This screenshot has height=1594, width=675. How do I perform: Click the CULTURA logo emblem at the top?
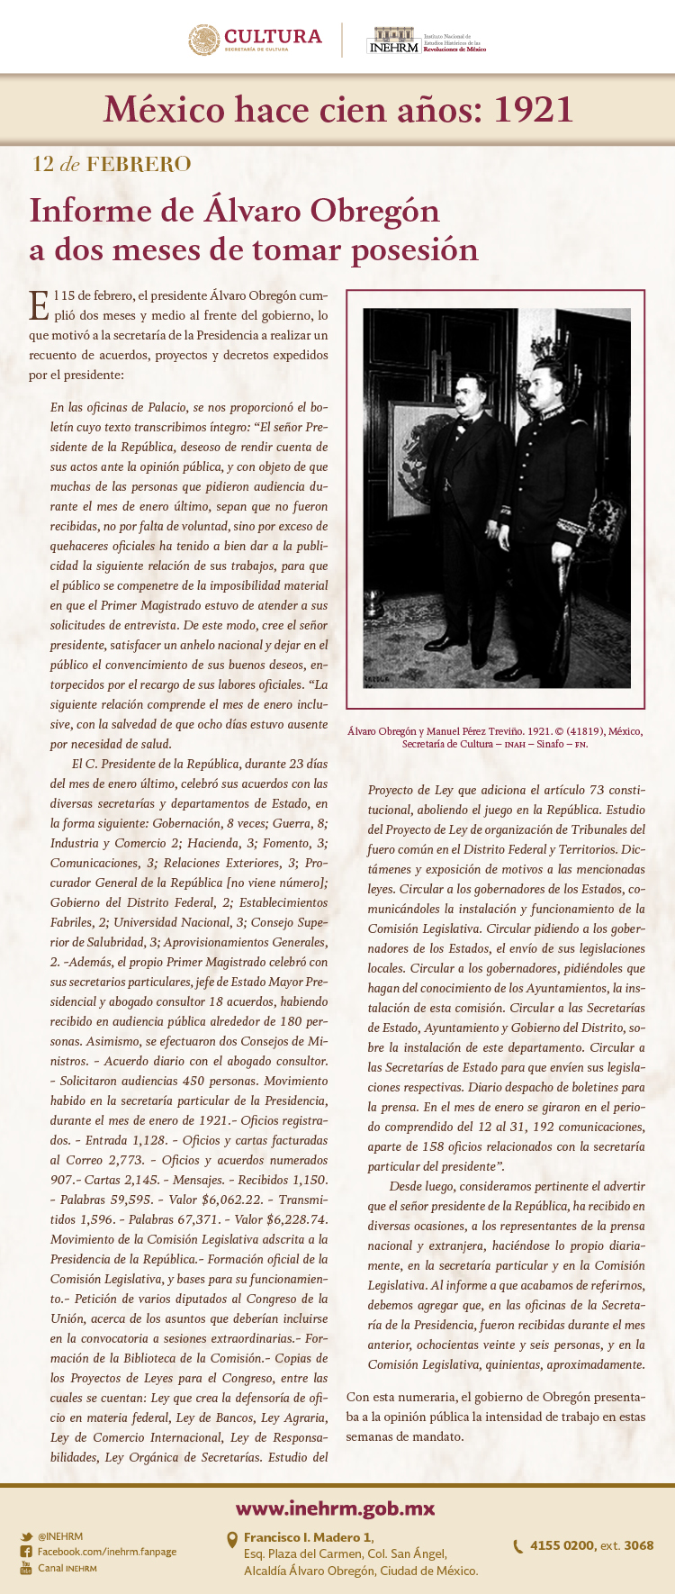[x=204, y=40]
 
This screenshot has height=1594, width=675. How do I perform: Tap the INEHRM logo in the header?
[x=394, y=41]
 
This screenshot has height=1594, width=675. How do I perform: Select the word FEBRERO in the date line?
[x=139, y=164]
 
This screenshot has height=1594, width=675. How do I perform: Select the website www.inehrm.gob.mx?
[x=336, y=1508]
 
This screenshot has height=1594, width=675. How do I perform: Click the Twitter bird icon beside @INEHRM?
[x=26, y=1536]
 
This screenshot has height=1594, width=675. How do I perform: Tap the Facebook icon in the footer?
[x=26, y=1552]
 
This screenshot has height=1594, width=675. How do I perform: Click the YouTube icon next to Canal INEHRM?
[x=26, y=1568]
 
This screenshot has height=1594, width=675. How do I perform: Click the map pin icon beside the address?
[x=232, y=1540]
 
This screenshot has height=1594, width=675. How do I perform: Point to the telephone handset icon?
[x=517, y=1546]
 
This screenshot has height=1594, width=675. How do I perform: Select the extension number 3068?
[x=638, y=1545]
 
